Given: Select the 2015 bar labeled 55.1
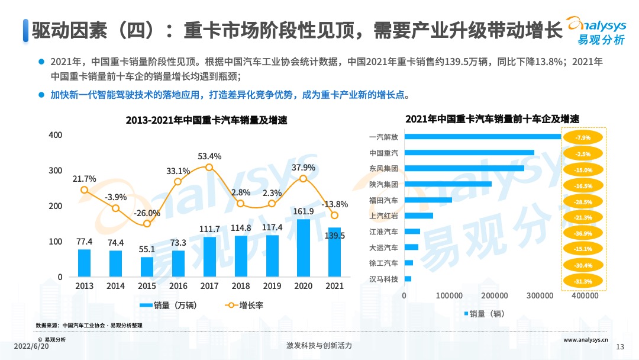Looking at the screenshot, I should click(147, 267).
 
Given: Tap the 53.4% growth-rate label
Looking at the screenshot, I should click(209, 156).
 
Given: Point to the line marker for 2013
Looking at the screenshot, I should click(85, 190).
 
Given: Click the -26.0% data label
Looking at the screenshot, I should click(147, 213).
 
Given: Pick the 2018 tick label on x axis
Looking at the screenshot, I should click(240, 286).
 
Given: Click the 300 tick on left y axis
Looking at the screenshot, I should click(56, 171).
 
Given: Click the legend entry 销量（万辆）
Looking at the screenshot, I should click(168, 306).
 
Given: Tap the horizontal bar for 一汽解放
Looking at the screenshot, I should click(482, 137).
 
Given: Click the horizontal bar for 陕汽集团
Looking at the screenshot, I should click(448, 184).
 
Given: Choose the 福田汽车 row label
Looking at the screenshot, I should click(383, 200).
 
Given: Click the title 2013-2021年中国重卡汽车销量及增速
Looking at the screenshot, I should click(206, 120).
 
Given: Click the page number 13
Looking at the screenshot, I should click(621, 346).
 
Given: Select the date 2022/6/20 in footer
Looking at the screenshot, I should click(30, 345).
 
